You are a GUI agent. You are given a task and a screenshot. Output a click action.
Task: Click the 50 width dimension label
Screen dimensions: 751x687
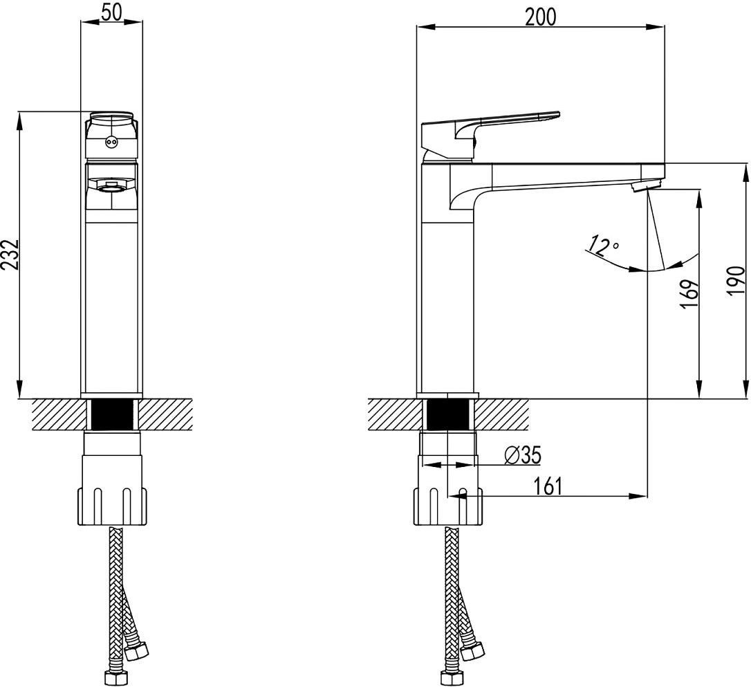pyautogui.click(x=111, y=12)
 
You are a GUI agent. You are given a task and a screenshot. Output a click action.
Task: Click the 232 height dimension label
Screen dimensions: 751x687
pyautogui.click(x=10, y=255)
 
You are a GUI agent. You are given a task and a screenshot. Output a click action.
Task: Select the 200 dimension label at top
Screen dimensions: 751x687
pyautogui.click(x=541, y=17)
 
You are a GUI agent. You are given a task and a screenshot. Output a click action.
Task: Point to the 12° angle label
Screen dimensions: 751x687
pyautogui.click(x=602, y=244)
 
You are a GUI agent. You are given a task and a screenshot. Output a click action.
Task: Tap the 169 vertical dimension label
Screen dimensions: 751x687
pyautogui.click(x=689, y=293)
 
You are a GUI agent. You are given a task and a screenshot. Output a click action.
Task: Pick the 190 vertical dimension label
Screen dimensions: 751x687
pyautogui.click(x=737, y=281)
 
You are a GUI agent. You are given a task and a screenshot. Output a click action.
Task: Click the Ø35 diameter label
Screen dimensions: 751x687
pyautogui.click(x=523, y=456)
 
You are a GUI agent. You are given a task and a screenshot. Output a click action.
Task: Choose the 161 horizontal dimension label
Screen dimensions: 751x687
pyautogui.click(x=548, y=486)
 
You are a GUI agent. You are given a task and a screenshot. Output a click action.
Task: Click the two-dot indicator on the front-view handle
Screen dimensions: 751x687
pyautogui.click(x=111, y=142)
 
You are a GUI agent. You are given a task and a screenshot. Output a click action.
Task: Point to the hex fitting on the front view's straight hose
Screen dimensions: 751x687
pyautogui.click(x=116, y=678)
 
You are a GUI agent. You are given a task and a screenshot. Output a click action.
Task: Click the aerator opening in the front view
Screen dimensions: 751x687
pyautogui.click(x=111, y=187)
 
